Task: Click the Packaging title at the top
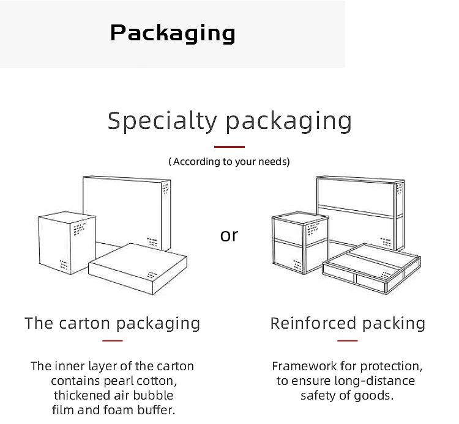pyautogui.click(x=173, y=32)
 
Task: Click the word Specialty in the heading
pyautogui.click(x=162, y=121)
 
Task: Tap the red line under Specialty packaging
pyautogui.click(x=229, y=147)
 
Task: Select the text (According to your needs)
pyautogui.click(x=229, y=162)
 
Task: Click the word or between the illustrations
pyautogui.click(x=229, y=235)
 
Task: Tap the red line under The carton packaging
pyautogui.click(x=112, y=341)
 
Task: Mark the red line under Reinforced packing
pyautogui.click(x=348, y=341)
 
